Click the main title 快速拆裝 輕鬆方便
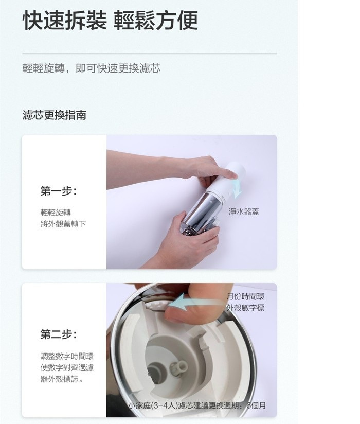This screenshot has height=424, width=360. tap(110, 20)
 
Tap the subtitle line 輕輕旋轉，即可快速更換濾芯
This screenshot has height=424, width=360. tap(92, 68)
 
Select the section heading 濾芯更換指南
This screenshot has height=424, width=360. tap(55, 115)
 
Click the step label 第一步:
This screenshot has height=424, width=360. tap(59, 191)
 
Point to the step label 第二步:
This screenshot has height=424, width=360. tap(59, 334)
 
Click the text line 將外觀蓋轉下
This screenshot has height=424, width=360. tap(63, 224)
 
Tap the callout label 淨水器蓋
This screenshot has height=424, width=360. tap(244, 211)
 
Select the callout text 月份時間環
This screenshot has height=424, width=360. tap(245, 296)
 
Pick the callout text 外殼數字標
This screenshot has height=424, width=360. tap(245, 308)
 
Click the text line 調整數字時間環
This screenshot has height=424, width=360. tap(67, 356)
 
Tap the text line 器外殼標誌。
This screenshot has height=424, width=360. tap(62, 379)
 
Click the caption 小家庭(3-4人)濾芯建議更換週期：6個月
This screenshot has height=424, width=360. tap(197, 405)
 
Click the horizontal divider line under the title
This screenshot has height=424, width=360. tap(150, 54)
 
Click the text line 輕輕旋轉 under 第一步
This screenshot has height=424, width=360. tap(56, 213)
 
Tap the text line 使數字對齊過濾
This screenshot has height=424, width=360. tap(67, 368)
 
